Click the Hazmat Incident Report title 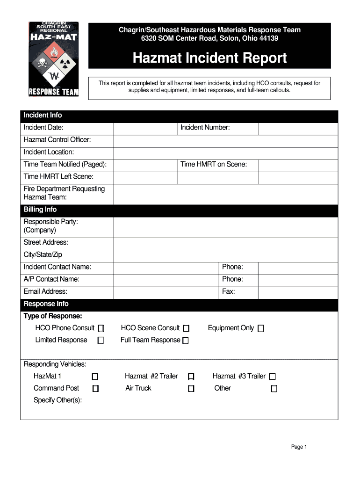click(x=209, y=58)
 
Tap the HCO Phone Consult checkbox click(x=101, y=328)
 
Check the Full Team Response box click(x=186, y=341)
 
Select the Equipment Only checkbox click(x=261, y=328)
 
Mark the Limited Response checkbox click(x=101, y=341)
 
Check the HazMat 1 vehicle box click(x=95, y=377)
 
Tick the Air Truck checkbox click(x=191, y=389)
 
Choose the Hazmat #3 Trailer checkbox click(x=273, y=377)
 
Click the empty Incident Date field click(x=145, y=128)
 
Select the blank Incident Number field click(x=298, y=128)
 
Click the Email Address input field click(x=166, y=292)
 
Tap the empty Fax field click(x=298, y=292)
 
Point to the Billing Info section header click(x=40, y=210)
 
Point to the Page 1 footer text click(x=299, y=447)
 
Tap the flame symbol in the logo click(x=54, y=51)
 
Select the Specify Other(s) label click(x=58, y=400)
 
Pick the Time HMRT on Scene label click(x=214, y=164)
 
